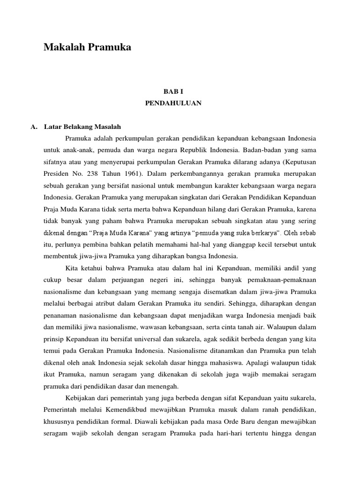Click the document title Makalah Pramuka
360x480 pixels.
[87, 47]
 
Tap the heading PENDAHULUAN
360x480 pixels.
[173, 103]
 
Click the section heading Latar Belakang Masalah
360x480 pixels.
[82, 127]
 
